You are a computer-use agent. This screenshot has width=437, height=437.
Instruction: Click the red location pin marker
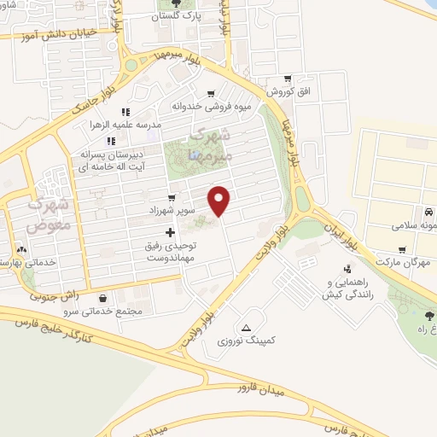tap(220, 201)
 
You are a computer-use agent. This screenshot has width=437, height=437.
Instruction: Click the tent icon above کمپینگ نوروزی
tap(247, 328)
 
